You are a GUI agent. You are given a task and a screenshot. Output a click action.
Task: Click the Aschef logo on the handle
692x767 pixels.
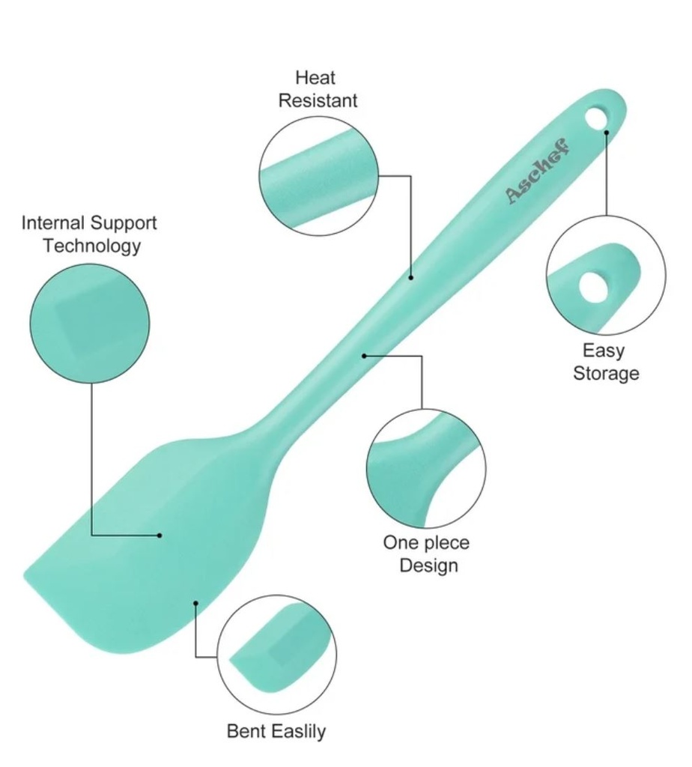pos(538,171)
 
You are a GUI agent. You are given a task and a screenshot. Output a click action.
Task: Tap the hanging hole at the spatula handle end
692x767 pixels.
pos(596,118)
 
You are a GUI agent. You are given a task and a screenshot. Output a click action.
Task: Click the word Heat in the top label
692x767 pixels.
pos(315,77)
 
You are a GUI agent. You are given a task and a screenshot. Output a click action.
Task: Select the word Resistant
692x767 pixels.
pos(318,100)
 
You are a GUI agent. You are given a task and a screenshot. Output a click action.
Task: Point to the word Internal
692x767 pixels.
pos(52,222)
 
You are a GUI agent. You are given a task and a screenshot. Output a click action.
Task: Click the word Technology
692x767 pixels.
pos(92,246)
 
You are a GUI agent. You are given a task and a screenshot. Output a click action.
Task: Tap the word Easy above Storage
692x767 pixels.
pos(604,351)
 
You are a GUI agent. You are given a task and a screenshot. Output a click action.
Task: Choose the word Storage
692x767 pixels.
pos(606,373)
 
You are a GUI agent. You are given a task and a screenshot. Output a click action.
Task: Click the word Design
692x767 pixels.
pos(428,566)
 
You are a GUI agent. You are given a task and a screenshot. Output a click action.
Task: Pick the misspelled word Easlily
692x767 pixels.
pos(299,731)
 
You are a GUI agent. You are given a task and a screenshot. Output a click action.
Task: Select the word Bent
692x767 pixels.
pos(247,731)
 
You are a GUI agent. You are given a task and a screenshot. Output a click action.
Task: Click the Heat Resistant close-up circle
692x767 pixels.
pos(319,176)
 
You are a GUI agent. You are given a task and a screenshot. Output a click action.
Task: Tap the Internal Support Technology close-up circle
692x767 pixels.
pos(90,324)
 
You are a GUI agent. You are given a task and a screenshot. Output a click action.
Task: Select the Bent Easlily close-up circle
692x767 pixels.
pos(277,655)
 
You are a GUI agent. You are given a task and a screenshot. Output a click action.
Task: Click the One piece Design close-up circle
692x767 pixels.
pos(426,469)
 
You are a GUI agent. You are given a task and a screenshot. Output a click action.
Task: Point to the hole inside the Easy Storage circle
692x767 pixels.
pos(594,286)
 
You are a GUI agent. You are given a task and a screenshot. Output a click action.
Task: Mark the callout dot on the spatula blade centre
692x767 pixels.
pos(160,535)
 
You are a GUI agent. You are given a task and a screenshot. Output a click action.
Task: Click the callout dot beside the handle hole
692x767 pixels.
pos(607,132)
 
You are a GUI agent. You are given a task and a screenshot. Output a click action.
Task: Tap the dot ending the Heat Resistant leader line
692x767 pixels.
pos(411,277)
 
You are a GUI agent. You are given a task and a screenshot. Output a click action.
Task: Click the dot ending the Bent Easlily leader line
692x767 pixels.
pos(195,603)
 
